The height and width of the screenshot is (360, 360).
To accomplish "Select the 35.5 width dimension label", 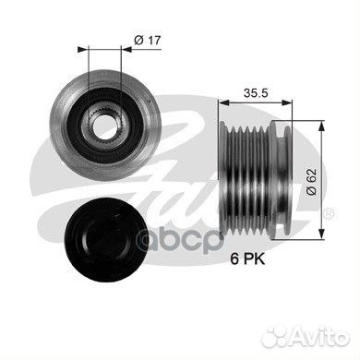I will (x=255, y=92).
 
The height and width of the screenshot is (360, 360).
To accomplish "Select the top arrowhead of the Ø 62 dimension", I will (x=320, y=122).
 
